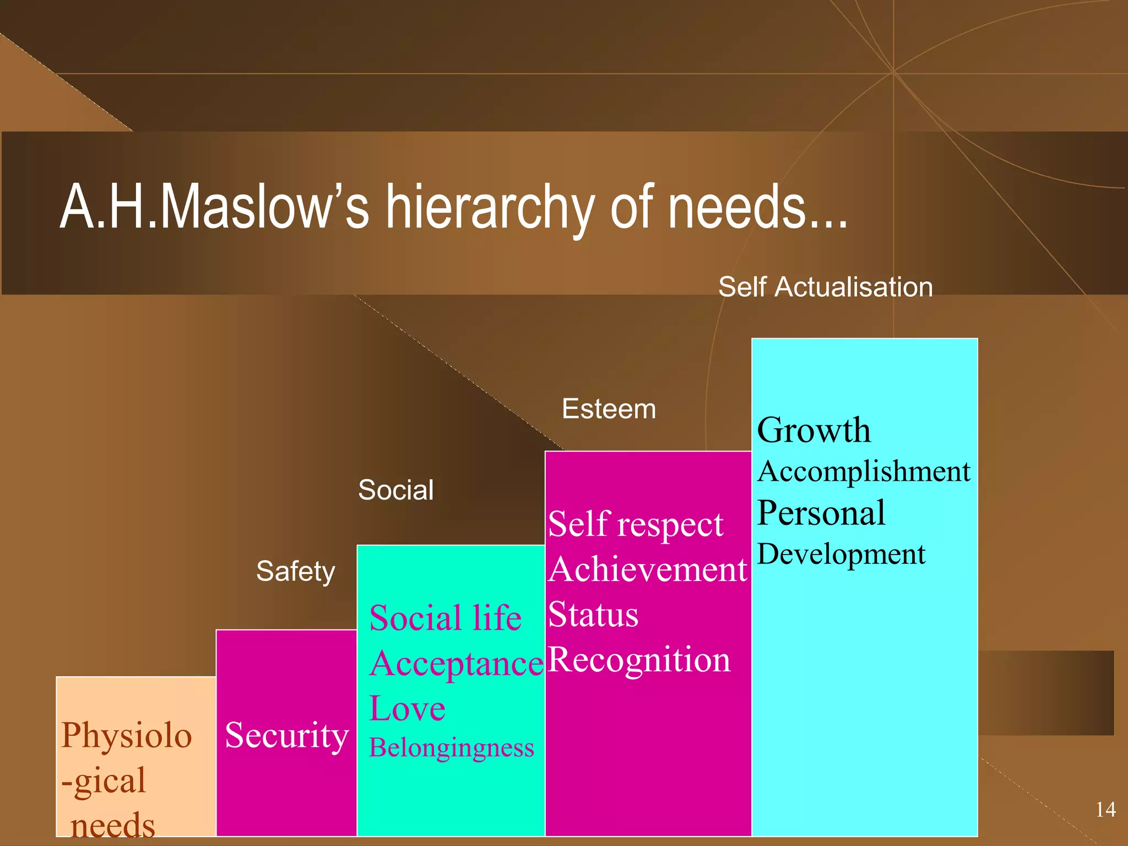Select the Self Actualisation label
[825, 288]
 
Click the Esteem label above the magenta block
[609, 409]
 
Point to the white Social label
[395, 490]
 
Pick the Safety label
[295, 571]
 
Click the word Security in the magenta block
[286, 735]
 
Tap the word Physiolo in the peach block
[126, 735]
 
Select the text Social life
[445, 618]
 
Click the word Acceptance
[457, 664]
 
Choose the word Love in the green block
[407, 708]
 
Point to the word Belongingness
[451, 748]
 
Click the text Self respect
[635, 524]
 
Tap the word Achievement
[648, 570]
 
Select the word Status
[593, 615]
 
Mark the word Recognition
[639, 660]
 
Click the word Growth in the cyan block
[814, 430]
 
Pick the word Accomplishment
[863, 472]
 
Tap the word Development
[841, 554]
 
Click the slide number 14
[1105, 810]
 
